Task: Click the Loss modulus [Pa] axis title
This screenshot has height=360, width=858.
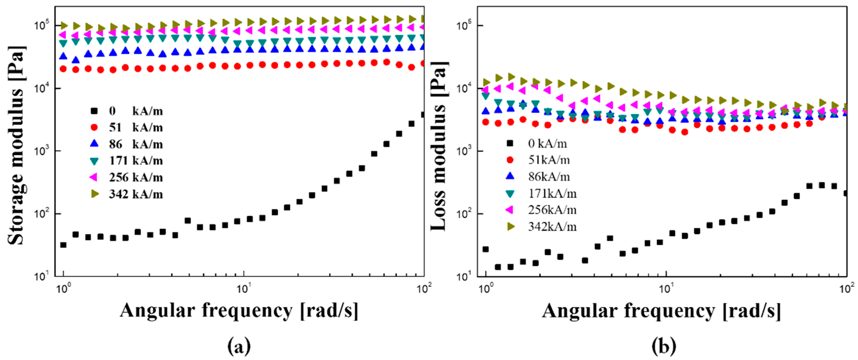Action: click(x=439, y=147)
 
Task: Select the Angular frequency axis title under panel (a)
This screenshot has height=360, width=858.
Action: click(x=239, y=310)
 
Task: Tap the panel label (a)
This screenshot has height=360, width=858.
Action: click(x=239, y=346)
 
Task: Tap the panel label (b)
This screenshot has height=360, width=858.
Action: click(x=664, y=346)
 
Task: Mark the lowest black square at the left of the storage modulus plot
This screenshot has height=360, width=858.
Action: click(x=63, y=245)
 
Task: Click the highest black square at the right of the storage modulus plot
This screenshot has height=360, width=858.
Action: click(x=423, y=115)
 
